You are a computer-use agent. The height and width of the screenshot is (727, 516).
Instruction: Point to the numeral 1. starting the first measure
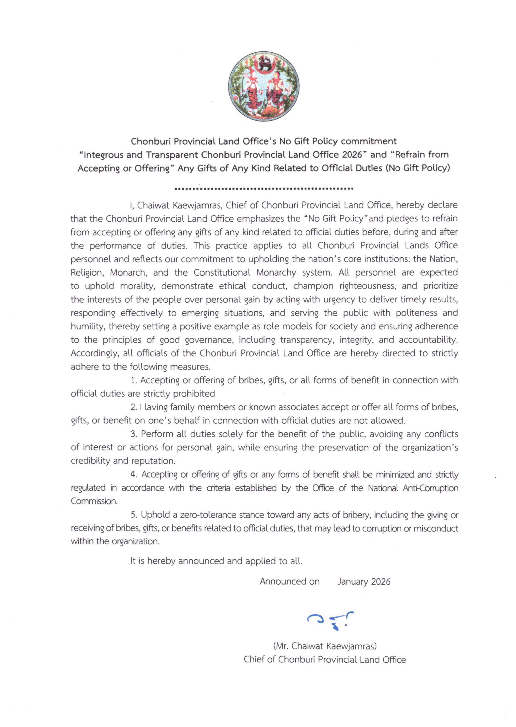click(134, 380)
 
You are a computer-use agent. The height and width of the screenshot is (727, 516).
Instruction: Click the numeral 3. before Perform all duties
click(134, 434)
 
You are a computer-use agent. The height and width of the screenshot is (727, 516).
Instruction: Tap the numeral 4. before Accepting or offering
click(134, 474)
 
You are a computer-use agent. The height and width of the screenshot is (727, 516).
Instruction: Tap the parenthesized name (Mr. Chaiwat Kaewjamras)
click(325, 646)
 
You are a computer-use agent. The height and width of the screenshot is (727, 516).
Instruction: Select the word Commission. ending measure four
click(94, 501)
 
